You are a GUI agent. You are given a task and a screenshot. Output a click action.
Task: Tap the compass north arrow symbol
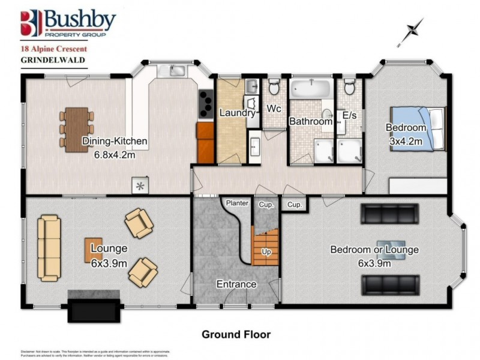tap(413, 30)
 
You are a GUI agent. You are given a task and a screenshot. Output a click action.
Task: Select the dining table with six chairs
tap(76, 126)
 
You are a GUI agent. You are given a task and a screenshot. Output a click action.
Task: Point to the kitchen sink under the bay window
tap(172, 71)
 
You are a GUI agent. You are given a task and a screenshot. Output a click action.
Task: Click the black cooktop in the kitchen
tap(205, 104)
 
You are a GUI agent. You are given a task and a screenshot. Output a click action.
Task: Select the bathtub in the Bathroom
tap(310, 90)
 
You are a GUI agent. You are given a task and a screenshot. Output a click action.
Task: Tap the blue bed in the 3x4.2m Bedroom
tap(418, 128)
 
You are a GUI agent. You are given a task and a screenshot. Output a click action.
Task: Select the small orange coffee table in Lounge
tap(93, 250)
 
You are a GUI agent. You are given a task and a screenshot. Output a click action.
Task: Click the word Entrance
tap(236, 284)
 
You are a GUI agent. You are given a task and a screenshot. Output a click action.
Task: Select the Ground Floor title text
tap(236, 334)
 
